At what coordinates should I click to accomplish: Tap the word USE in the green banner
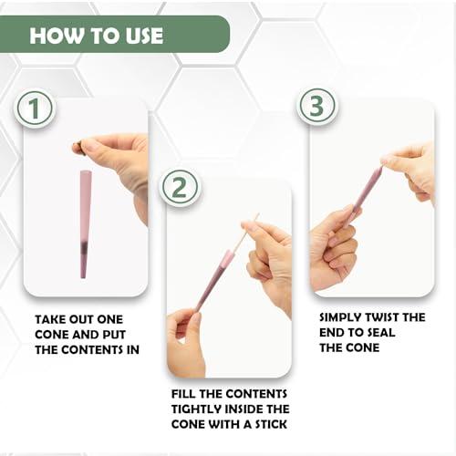pos(144,36)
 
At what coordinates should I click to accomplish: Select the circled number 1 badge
pos(35,109)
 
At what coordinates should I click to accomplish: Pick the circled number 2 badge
pos(179,187)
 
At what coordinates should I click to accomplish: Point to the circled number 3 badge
pos(316,106)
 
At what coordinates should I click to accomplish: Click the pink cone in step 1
pos(85,224)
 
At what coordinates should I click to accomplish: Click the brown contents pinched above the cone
pos(77,148)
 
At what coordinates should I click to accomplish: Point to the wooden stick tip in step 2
pos(258,214)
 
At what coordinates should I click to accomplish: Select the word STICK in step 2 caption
pos(271,424)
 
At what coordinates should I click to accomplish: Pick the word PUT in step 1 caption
pos(114,335)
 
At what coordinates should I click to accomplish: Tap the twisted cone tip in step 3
pos(380,171)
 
